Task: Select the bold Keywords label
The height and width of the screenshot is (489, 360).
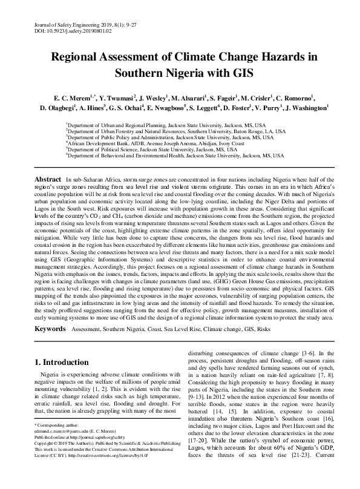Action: tap(50, 329)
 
